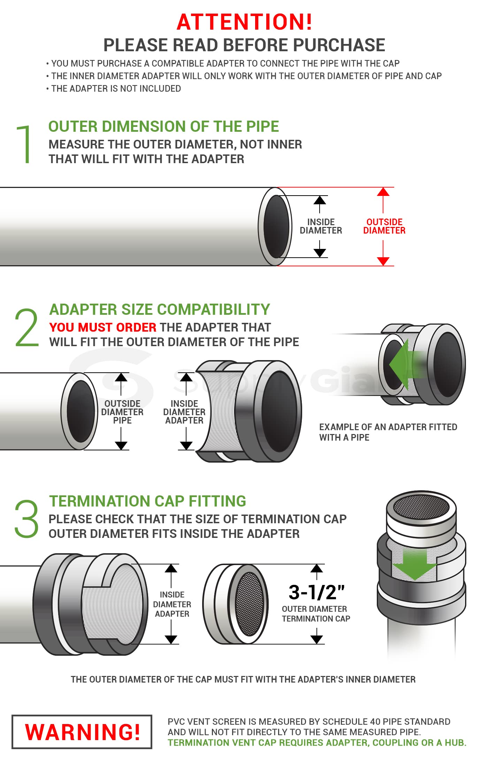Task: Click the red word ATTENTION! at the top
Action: pyautogui.click(x=244, y=22)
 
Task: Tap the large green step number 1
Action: pyautogui.click(x=24, y=144)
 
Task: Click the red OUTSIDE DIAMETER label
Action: pyautogui.click(x=384, y=226)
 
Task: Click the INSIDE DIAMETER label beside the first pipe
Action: pyautogui.click(x=321, y=226)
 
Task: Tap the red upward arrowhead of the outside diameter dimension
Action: pyautogui.click(x=383, y=192)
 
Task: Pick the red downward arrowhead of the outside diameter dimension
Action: pyautogui.click(x=383, y=261)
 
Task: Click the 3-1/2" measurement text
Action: pyautogui.click(x=316, y=592)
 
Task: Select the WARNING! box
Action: pyautogui.click(x=82, y=732)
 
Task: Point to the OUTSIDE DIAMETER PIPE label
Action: pyautogui.click(x=122, y=412)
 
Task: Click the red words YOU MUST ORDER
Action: pyautogui.click(x=103, y=327)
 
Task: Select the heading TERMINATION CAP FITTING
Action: pyautogui.click(x=147, y=501)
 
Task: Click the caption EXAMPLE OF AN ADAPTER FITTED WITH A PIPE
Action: pyautogui.click(x=388, y=432)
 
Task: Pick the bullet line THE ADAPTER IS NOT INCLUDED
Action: pyautogui.click(x=116, y=89)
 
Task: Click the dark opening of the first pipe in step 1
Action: pyautogui.click(x=276, y=226)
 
